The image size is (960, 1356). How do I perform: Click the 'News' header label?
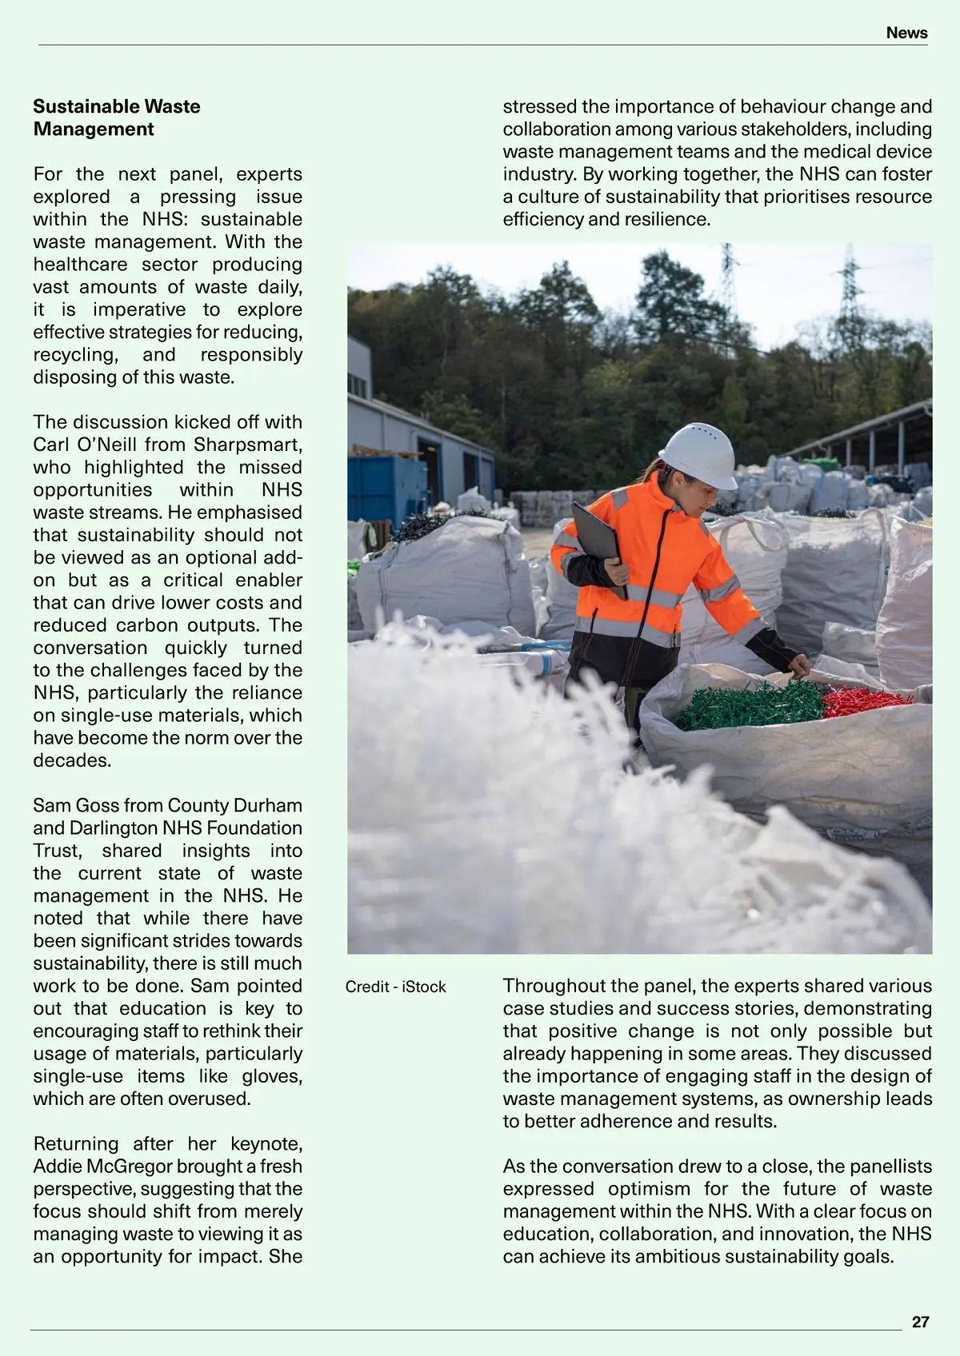[x=906, y=33]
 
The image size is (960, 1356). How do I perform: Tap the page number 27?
[x=921, y=1322]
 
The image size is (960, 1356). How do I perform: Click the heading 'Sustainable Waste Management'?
[x=117, y=118]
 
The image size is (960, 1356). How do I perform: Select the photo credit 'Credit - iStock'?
[x=395, y=987]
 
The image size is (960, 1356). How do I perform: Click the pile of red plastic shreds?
[x=864, y=700]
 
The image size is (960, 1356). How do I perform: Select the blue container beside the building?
[x=387, y=487]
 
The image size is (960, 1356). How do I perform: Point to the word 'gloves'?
[x=270, y=1075]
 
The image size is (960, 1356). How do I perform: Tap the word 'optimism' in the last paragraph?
[x=641, y=1188]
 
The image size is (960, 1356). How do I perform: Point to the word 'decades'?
[x=70, y=760]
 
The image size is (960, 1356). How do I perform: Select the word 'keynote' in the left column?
[x=266, y=1143]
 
